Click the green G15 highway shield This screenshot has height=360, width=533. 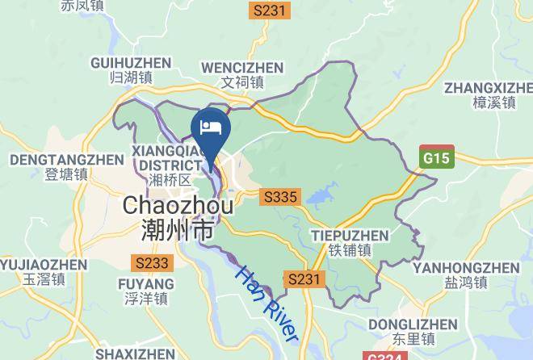pyautogui.click(x=437, y=157)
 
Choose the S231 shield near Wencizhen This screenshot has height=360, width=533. pyautogui.click(x=269, y=10)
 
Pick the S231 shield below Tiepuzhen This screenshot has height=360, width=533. pyautogui.click(x=305, y=279)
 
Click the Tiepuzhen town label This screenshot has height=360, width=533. pyautogui.click(x=350, y=242)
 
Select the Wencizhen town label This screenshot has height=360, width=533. pyautogui.click(x=242, y=74)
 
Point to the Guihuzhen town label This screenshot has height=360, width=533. pyautogui.click(x=131, y=70)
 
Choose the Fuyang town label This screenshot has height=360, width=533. pyautogui.click(x=146, y=291)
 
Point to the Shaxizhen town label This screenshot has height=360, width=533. pyautogui.click(x=135, y=354)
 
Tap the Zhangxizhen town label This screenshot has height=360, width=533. pyautogui.click(x=489, y=94)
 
